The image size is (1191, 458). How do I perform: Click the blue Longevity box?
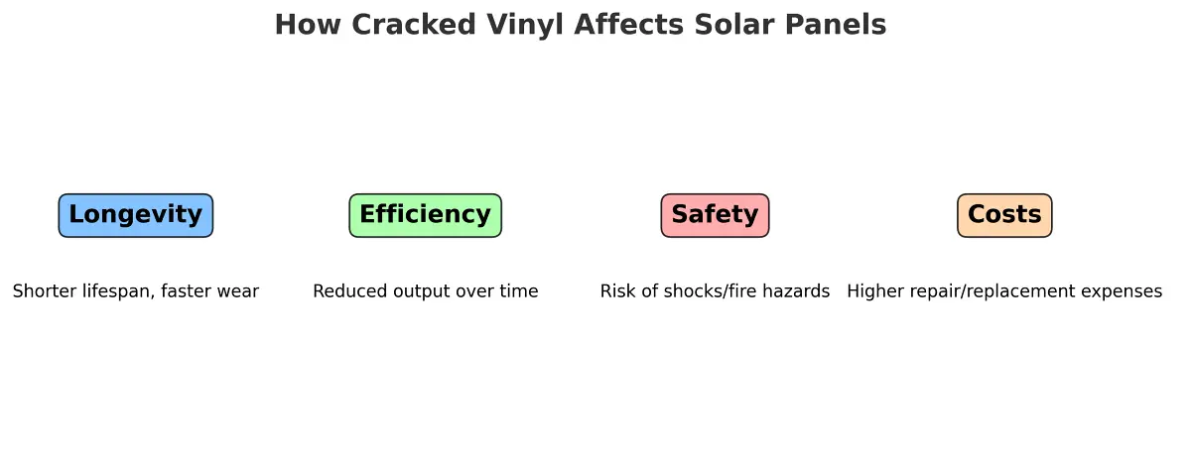[136, 215]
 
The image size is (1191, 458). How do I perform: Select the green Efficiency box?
[426, 215]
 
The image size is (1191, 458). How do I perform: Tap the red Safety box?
[716, 215]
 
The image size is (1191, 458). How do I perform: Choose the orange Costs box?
[1004, 215]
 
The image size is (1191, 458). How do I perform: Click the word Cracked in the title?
[414, 25]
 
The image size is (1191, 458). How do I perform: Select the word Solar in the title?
[733, 25]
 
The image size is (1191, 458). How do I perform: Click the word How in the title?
[308, 25]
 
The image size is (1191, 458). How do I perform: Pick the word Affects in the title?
[629, 25]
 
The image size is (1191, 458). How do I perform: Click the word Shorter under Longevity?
[45, 290]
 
